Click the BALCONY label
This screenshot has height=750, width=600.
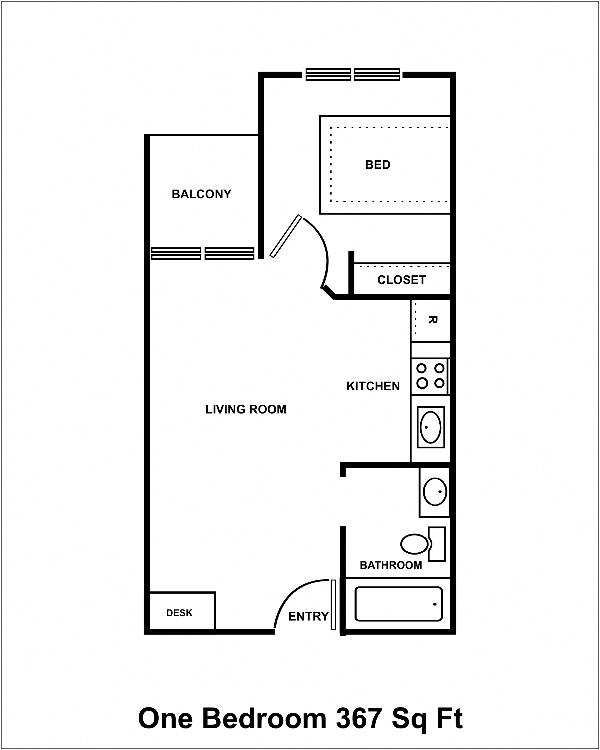[x=201, y=194]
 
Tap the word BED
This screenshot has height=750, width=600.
[x=377, y=165]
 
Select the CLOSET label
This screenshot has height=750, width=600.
[x=401, y=280]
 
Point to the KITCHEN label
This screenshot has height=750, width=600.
[x=373, y=386]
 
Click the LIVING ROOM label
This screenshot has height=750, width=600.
[x=246, y=409]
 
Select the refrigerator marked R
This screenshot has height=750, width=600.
[x=431, y=320]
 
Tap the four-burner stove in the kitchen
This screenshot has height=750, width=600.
[x=430, y=376]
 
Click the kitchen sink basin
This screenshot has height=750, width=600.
[x=430, y=427]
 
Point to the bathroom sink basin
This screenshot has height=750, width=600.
[x=435, y=492]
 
